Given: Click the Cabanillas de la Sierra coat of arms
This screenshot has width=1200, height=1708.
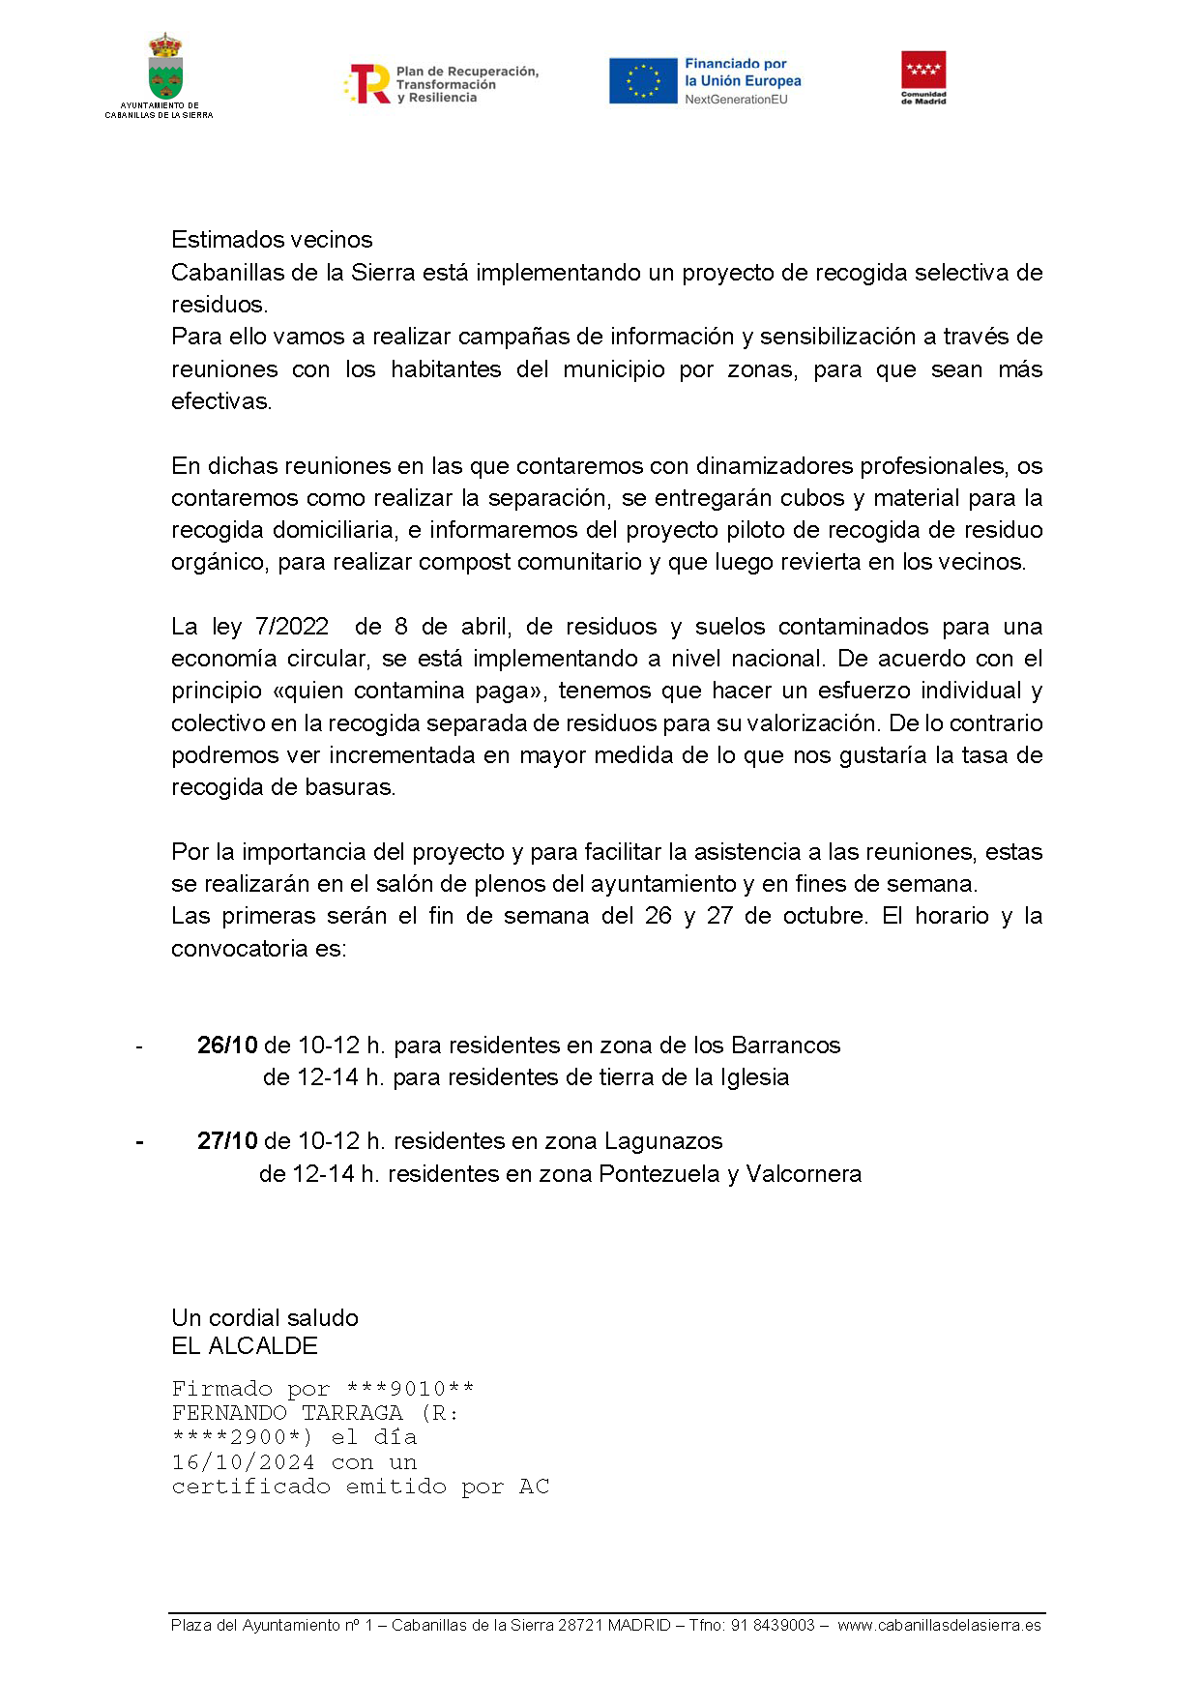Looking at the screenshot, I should (165, 68).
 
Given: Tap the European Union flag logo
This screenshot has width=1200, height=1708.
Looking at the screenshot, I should (642, 80).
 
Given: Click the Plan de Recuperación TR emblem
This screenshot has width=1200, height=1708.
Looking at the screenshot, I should (368, 84).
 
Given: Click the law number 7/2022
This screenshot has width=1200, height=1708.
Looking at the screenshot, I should (291, 627).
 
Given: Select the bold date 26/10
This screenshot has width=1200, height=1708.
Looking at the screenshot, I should (227, 1045).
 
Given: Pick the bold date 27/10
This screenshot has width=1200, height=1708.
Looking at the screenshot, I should (227, 1141).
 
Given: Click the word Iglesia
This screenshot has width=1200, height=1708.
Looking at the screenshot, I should (754, 1077).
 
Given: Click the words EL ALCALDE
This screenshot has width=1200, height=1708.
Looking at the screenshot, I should (245, 1346).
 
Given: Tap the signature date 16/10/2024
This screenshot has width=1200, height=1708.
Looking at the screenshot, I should (243, 1462).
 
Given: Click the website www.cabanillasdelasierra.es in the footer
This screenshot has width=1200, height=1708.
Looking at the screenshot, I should (939, 1626).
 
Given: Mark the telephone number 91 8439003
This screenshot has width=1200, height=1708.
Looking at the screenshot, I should (773, 1626).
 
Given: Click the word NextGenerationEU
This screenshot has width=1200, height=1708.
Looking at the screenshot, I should (736, 100).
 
